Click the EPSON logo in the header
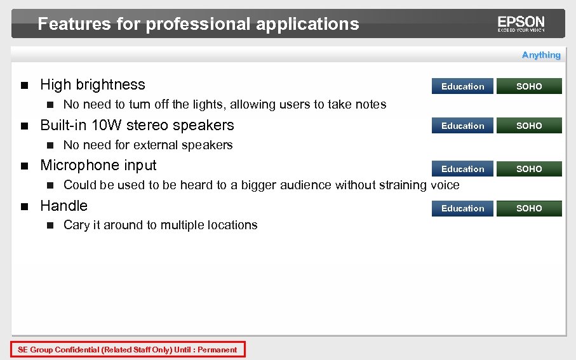tap(521, 23)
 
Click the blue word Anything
tap(541, 55)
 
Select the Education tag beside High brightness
tap(462, 86)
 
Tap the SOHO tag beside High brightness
tap(529, 86)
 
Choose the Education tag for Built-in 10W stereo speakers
tap(462, 126)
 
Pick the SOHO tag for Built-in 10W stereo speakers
tap(529, 126)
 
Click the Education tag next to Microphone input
tap(462, 169)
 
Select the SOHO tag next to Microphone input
tap(529, 169)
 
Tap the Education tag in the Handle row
tap(462, 208)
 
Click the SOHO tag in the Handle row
tap(529, 208)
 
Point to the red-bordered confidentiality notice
tap(128, 349)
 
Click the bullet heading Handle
tap(64, 206)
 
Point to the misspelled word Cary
tap(76, 225)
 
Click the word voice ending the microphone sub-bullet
tap(445, 185)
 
